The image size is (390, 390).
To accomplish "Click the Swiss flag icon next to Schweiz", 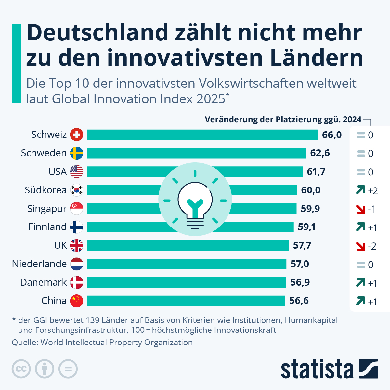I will coord(77,135).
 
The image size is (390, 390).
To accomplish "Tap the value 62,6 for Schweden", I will coord(320,153).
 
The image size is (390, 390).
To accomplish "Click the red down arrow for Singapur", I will coord(361,209).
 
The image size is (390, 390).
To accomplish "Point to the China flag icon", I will coord(77,301).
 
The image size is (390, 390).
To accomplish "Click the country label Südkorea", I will coord(45,190).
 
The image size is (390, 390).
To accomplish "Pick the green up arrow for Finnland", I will coord(361,227).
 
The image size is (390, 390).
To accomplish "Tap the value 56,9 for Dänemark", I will coord(300,282).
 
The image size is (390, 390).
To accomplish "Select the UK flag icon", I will coord(77,245).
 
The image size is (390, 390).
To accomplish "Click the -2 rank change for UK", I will coord(372,246).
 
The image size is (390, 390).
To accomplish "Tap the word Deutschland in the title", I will coord(97,32).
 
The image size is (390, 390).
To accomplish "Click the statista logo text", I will coord(317,369).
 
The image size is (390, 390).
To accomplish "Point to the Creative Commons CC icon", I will coord(21,369).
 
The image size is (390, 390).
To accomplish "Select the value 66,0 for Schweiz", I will coord(332,135).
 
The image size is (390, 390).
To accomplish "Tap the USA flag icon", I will coord(77,172).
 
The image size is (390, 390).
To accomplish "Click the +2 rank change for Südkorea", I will coord(373,191).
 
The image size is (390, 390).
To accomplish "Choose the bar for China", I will coord(186,301).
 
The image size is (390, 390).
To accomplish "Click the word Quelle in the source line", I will coord(24,343).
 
